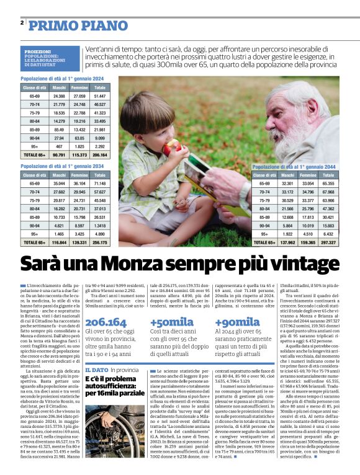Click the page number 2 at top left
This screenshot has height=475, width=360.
point(22,23)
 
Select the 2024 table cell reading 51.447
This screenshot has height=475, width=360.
point(99,96)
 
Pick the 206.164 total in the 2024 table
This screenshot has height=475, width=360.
point(99,154)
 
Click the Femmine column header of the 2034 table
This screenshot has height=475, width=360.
point(79,175)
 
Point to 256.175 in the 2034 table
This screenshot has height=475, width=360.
point(99,242)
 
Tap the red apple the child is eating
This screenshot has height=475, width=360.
point(172,146)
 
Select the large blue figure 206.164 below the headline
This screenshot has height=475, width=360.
point(106,322)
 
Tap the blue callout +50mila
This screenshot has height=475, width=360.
point(171,322)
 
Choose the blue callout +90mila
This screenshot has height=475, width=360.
point(237,322)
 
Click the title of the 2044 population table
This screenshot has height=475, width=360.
point(294,167)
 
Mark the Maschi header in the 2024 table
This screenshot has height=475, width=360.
point(59,87)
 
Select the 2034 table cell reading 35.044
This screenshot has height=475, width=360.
point(59,184)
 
